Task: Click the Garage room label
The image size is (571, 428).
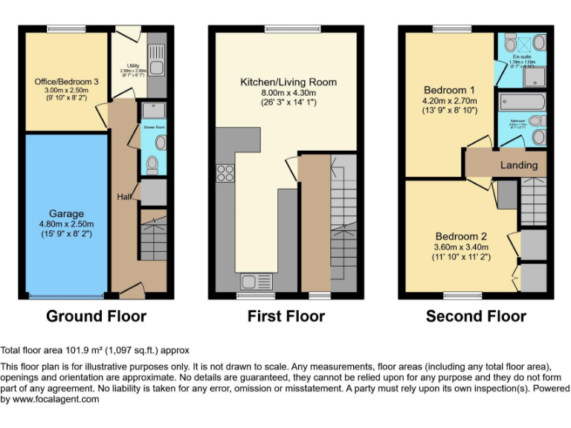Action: pyautogui.click(x=66, y=213)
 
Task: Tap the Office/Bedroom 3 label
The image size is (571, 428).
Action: pyautogui.click(x=66, y=81)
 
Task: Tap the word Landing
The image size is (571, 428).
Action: pyautogui.click(x=518, y=164)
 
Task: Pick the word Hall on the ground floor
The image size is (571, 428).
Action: pyautogui.click(x=123, y=197)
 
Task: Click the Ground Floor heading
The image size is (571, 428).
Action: pyautogui.click(x=96, y=316)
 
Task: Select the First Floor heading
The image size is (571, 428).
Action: pyautogui.click(x=286, y=316)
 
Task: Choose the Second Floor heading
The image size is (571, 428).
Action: pyautogui.click(x=476, y=316)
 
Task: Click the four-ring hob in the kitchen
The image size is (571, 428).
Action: pyautogui.click(x=224, y=172)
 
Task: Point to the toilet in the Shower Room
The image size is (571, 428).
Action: pyautogui.click(x=153, y=163)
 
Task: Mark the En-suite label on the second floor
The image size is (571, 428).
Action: pyautogui.click(x=521, y=56)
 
